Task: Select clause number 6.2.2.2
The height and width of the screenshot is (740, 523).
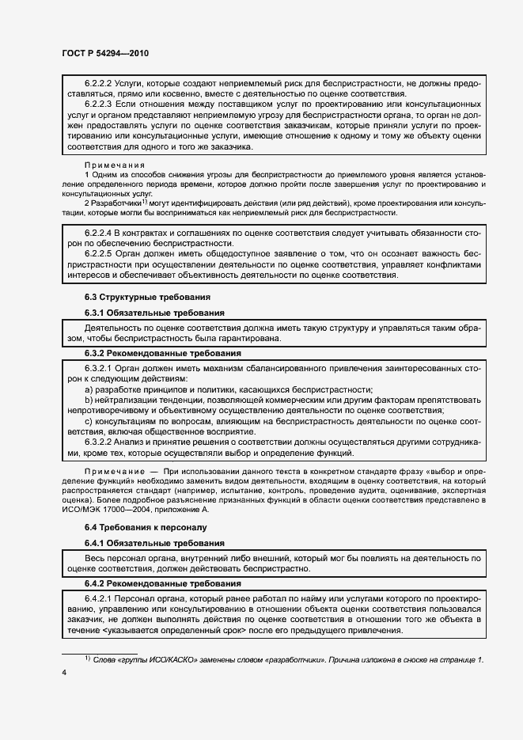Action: click(x=99, y=82)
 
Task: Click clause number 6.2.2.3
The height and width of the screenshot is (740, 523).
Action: click(x=99, y=104)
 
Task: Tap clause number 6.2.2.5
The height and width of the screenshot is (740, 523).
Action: click(x=99, y=254)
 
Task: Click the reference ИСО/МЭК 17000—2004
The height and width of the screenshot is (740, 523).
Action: click(x=100, y=510)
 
